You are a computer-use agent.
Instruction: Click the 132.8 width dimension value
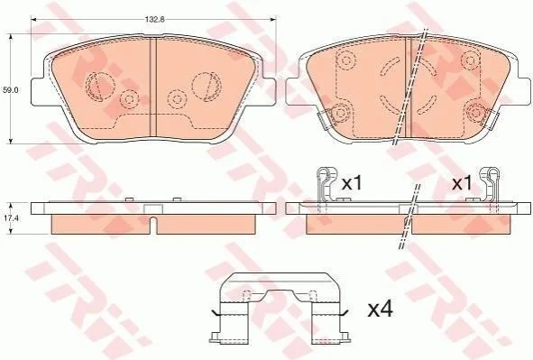coord(154,19)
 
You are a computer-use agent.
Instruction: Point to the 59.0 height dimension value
coord(10,90)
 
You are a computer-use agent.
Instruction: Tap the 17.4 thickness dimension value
coord(11,218)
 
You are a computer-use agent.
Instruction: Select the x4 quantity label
coord(380,309)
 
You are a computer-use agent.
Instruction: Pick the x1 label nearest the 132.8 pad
coord(352,183)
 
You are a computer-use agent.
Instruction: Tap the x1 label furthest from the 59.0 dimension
coord(462,183)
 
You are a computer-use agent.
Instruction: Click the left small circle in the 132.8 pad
coord(129,99)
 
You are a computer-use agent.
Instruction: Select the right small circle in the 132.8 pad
coord(177,99)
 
